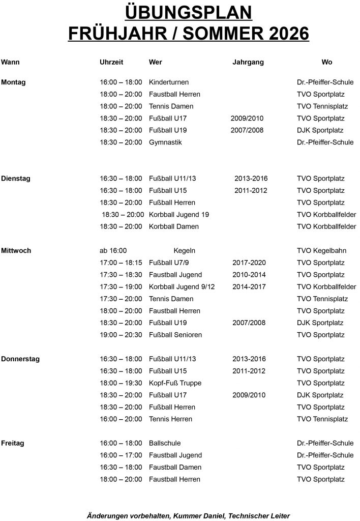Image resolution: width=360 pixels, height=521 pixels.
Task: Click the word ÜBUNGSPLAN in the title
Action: click(181, 12)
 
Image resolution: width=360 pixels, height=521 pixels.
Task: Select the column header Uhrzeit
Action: click(111, 62)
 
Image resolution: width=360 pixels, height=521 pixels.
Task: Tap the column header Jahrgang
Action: click(248, 62)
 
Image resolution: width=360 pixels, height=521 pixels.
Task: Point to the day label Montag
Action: click(13, 82)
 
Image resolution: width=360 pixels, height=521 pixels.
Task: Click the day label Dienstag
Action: click(15, 179)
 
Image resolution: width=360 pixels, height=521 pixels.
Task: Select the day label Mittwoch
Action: click(16, 251)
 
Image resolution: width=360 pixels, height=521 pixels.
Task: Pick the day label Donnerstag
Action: click(20, 359)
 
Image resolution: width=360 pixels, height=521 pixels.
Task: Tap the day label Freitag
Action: click(13, 443)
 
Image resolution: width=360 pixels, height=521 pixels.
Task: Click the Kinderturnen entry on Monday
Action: click(169, 82)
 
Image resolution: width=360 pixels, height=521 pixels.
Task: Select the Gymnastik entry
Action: click(165, 142)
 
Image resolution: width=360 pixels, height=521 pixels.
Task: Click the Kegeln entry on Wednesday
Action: click(185, 251)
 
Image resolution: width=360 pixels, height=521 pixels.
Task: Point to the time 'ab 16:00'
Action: click(113, 251)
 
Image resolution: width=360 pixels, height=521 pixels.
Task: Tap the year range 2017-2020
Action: click(249, 263)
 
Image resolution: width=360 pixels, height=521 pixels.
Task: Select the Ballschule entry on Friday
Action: click(165, 443)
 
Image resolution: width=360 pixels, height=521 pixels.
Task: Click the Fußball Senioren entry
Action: click(175, 335)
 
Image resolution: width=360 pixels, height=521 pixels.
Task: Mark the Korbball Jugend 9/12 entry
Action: click(182, 287)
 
